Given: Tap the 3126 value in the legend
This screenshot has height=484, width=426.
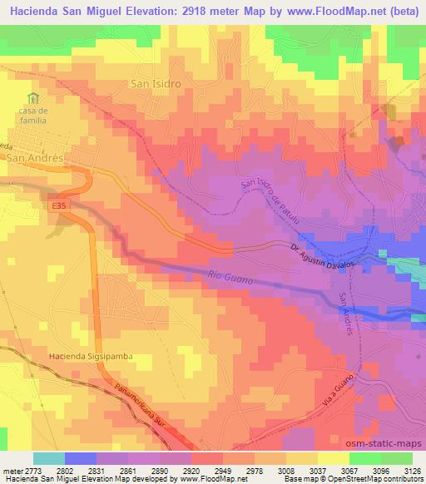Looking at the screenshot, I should coord(412,472).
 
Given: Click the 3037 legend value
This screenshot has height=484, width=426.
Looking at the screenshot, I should coord(315,472).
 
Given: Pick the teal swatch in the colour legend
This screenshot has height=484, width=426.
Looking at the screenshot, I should coord(48,458).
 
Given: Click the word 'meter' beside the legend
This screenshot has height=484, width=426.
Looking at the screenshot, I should coord(11,472).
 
